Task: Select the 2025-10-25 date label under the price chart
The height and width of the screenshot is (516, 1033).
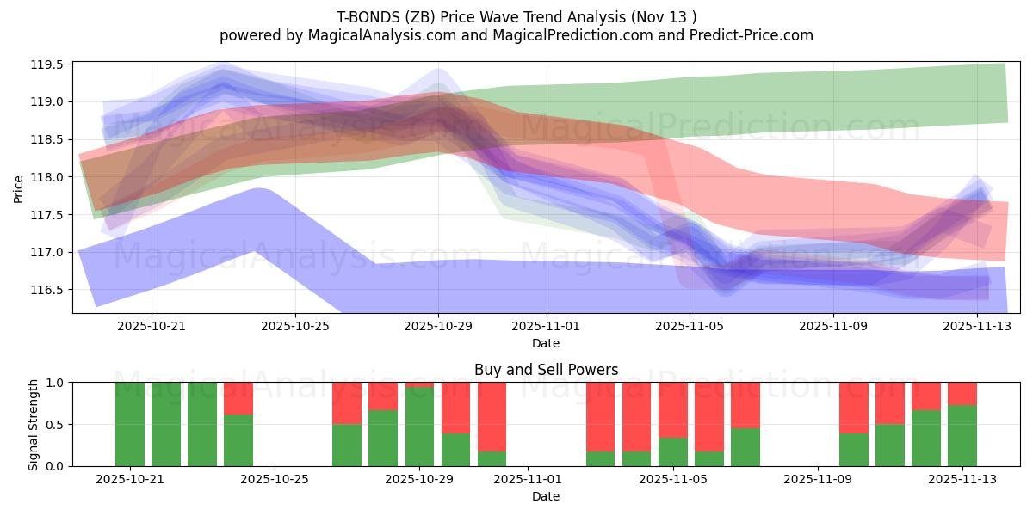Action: click(295, 326)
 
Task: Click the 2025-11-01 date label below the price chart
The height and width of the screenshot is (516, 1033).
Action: click(546, 326)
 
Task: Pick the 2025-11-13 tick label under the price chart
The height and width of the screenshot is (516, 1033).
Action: click(977, 326)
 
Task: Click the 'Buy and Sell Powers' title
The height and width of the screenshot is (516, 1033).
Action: click(546, 371)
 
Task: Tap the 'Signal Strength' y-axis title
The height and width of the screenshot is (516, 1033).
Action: click(34, 424)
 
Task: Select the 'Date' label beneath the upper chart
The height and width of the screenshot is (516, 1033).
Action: click(546, 343)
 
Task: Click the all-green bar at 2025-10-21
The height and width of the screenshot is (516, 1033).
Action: click(130, 424)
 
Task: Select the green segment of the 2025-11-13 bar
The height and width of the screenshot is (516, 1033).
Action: click(962, 435)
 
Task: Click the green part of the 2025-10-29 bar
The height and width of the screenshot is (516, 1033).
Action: click(419, 427)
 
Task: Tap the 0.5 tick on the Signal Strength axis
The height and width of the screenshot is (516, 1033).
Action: click(55, 424)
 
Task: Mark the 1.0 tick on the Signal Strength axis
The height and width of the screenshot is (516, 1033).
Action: click(55, 383)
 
